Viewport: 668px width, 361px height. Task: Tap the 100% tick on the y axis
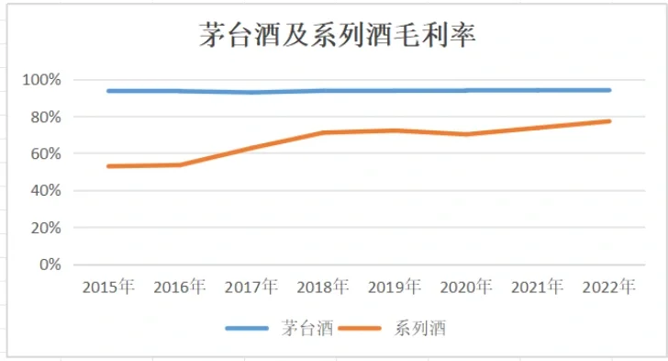[41, 81]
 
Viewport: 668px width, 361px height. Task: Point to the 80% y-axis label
[44, 118]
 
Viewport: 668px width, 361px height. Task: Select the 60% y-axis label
[44, 154]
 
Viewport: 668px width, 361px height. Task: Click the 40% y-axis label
[44, 191]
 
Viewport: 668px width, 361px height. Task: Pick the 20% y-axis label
[44, 228]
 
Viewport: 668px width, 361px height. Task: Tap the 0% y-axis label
[48, 265]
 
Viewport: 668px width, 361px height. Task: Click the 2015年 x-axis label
[108, 288]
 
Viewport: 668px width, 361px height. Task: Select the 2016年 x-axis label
[180, 288]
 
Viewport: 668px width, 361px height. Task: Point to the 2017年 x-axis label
[251, 288]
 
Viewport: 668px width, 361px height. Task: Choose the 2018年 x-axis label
[323, 288]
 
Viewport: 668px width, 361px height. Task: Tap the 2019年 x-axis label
[395, 288]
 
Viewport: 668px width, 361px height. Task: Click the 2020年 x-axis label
[466, 288]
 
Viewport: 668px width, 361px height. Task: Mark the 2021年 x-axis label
[538, 288]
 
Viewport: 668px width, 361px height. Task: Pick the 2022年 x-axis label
[609, 288]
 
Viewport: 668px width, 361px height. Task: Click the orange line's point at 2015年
[108, 166]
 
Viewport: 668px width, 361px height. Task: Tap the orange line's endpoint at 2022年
[609, 121]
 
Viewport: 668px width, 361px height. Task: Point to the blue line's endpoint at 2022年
[609, 90]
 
